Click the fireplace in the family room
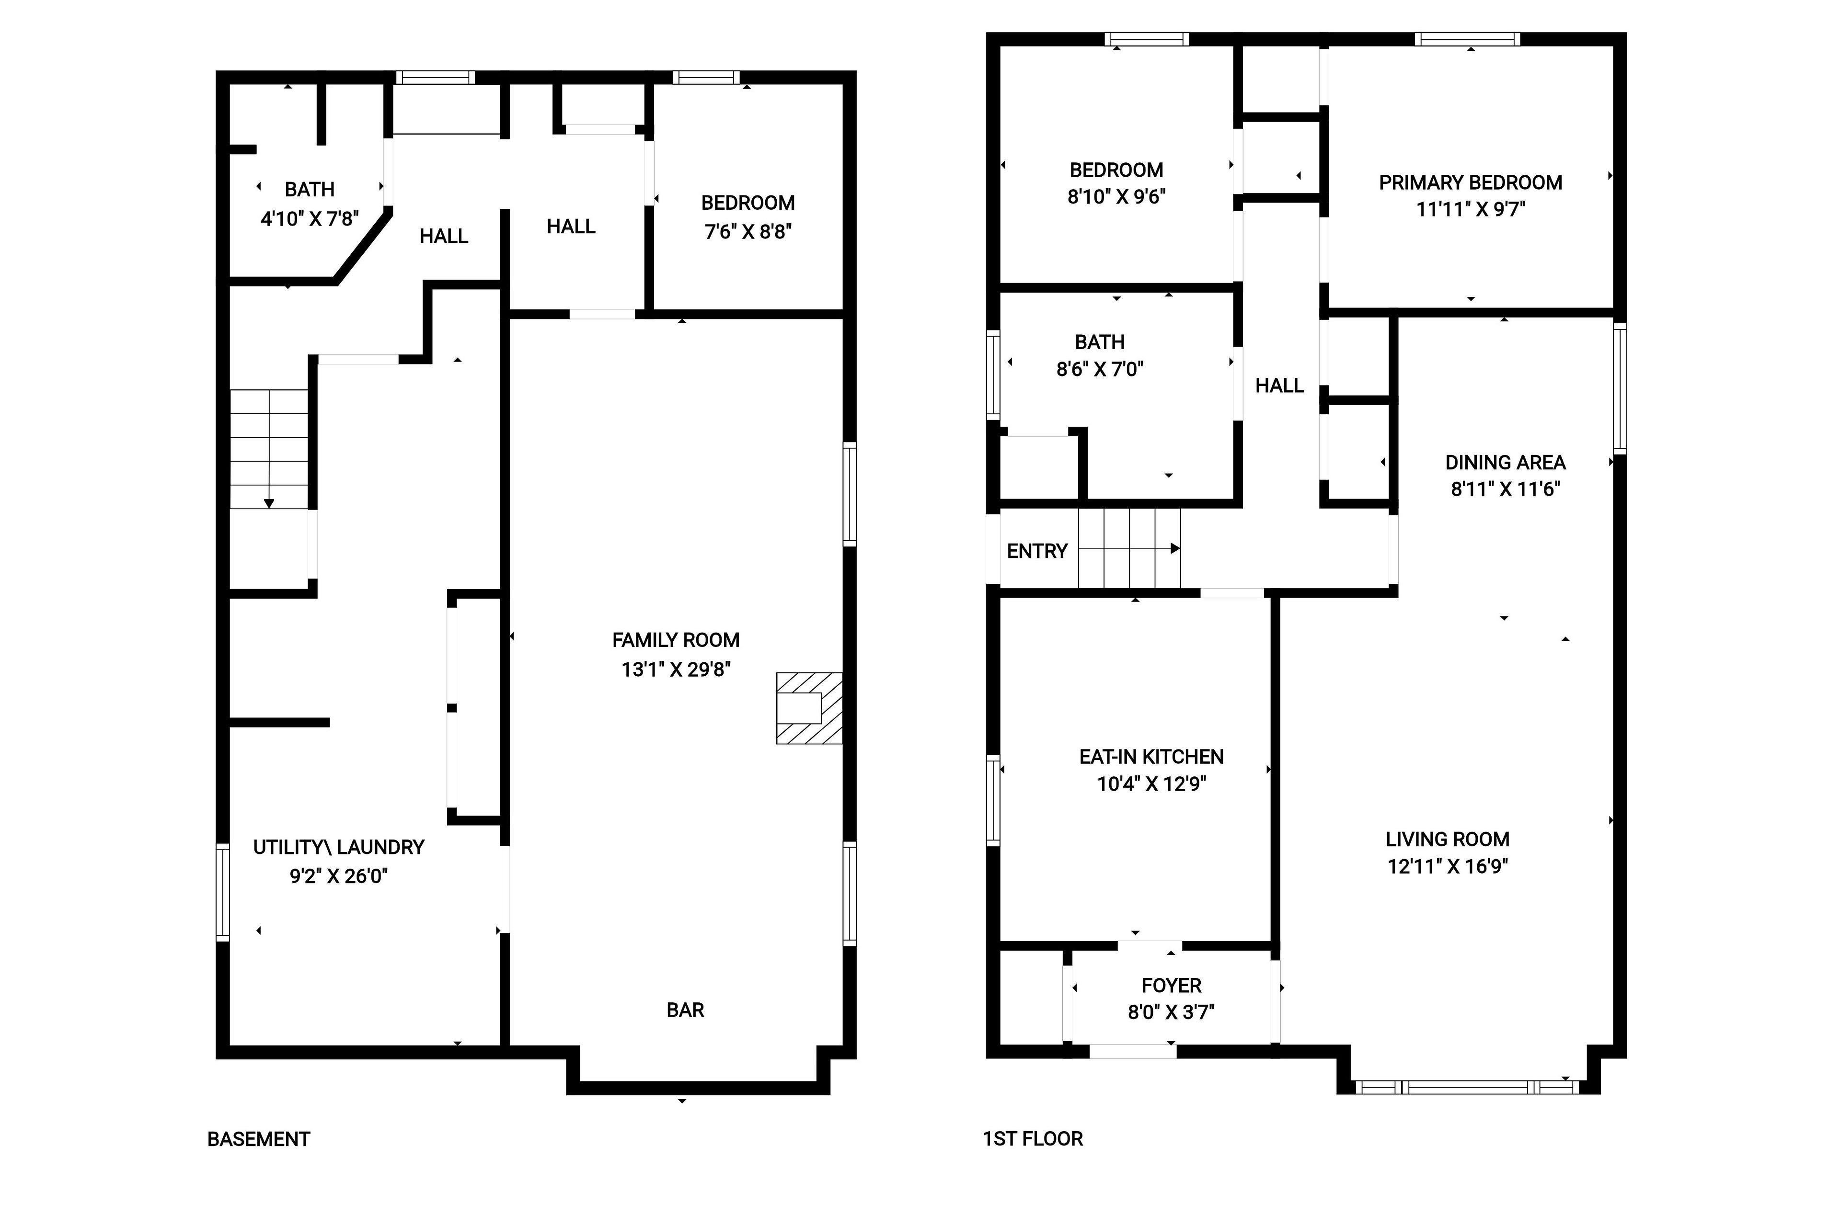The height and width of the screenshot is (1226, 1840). click(x=809, y=708)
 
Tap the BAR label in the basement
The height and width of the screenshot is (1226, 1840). click(x=685, y=1010)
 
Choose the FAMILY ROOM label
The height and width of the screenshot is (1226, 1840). click(x=676, y=640)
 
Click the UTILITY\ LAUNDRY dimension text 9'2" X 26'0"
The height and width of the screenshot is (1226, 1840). click(x=339, y=876)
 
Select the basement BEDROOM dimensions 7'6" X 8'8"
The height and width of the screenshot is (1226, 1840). click(x=748, y=231)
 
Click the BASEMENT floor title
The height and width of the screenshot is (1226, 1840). click(x=259, y=1139)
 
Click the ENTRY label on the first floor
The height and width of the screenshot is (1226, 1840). click(x=1037, y=551)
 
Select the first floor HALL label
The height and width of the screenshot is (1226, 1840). click(x=1280, y=386)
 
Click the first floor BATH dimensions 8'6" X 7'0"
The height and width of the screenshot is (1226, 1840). click(x=1100, y=369)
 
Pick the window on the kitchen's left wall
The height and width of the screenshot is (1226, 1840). click(x=993, y=801)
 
